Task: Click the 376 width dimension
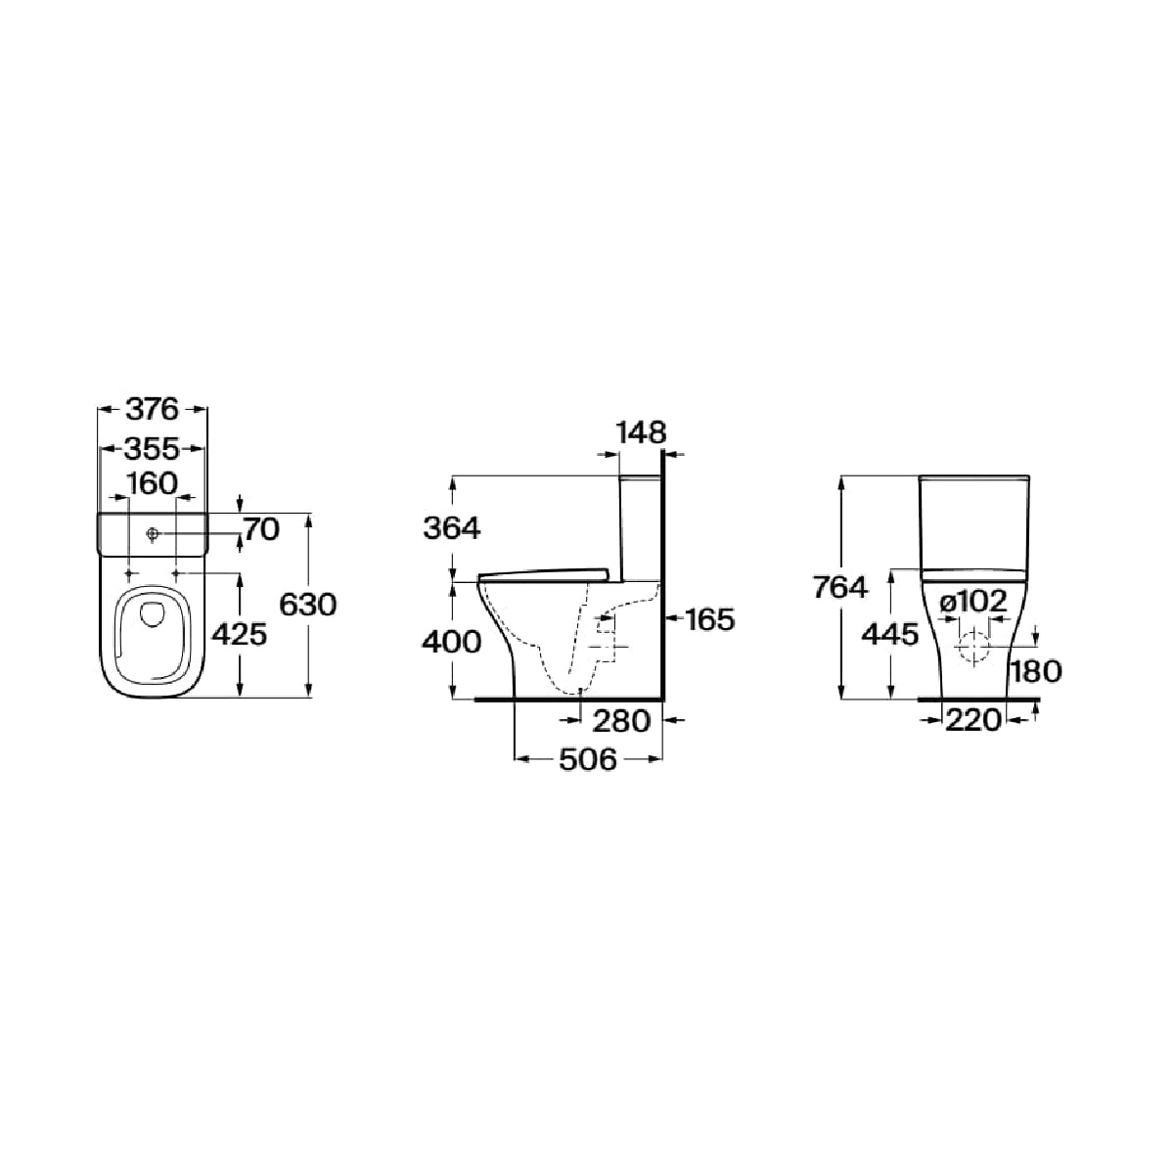pyautogui.click(x=153, y=409)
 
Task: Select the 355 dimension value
pyautogui.click(x=153, y=449)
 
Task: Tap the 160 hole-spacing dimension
pyautogui.click(x=153, y=483)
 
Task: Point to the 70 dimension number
pyautogui.click(x=261, y=529)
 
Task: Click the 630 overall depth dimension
pyautogui.click(x=307, y=605)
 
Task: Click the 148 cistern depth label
pyautogui.click(x=641, y=432)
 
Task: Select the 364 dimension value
pyautogui.click(x=452, y=528)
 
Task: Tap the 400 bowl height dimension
pyautogui.click(x=451, y=642)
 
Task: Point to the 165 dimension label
pyautogui.click(x=710, y=620)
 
